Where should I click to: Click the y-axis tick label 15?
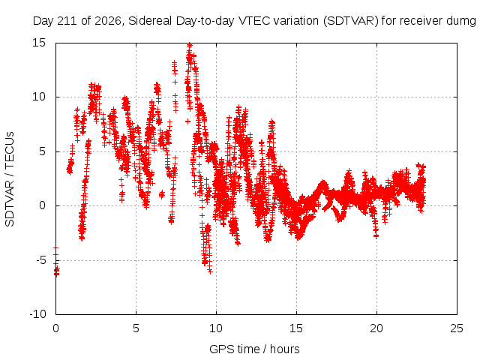tap(39, 43)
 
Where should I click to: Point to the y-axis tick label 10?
tap(39, 97)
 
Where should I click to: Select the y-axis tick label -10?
tap(37, 314)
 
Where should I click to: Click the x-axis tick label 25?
tap(457, 328)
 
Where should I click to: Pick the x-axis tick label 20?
tap(376, 328)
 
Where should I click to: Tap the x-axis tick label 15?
tap(296, 328)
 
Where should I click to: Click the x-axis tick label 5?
tap(136, 328)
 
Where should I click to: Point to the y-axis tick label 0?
tap(42, 205)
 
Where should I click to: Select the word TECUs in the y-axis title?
tap(10, 150)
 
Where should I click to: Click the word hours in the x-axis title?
tap(285, 349)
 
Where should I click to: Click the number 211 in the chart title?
tap(68, 21)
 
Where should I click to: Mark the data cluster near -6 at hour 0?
tap(56, 271)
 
